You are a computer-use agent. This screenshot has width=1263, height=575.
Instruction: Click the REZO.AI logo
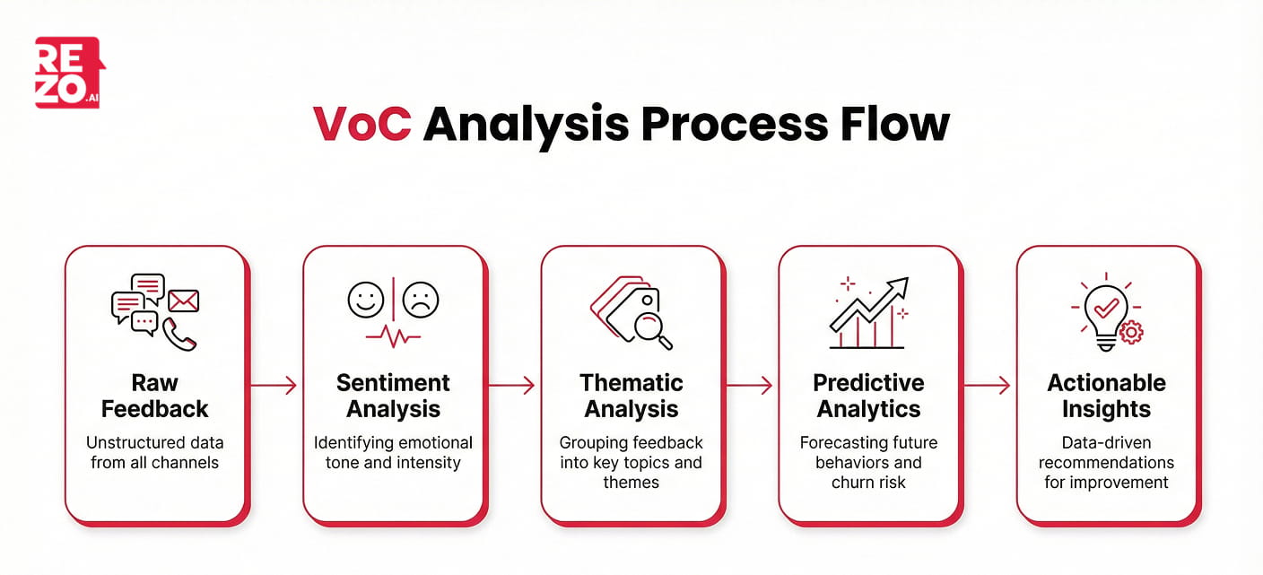coord(69,73)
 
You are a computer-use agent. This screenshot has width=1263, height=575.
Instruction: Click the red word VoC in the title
coord(361,124)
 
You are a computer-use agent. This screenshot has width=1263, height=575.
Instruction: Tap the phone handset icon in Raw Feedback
coord(179,334)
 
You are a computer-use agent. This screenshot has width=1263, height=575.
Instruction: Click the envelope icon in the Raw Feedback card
coord(183,301)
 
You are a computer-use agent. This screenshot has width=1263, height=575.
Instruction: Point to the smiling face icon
coord(365,300)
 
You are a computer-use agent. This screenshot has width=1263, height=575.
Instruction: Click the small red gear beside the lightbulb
coord(1131,332)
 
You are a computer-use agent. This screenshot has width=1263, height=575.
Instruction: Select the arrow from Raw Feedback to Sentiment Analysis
coord(274,386)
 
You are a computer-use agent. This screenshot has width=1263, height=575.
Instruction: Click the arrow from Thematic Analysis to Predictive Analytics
coord(749,386)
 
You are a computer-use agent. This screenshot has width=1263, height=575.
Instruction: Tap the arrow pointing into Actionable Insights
coord(987,386)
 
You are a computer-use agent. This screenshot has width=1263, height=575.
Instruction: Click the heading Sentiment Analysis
coord(393,396)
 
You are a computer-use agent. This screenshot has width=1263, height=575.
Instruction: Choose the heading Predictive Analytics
coord(868,396)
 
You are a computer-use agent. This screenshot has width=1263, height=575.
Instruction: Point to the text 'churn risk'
coord(868,483)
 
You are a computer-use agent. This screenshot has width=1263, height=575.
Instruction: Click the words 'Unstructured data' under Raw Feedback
coord(154,443)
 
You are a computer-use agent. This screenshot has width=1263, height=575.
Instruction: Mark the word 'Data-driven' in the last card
coord(1106,443)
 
